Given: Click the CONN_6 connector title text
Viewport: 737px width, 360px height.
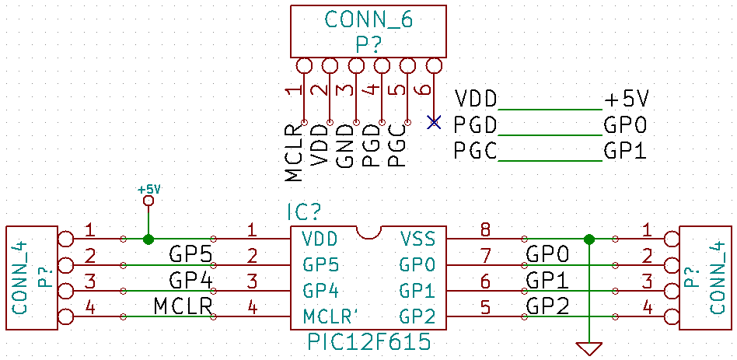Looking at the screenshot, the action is coord(369,20).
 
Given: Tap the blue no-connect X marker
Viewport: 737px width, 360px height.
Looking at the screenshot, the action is coord(434,122).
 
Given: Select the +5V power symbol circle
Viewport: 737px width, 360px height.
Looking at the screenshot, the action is coord(148,201).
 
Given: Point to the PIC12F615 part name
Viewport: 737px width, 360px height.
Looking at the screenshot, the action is coord(369,342).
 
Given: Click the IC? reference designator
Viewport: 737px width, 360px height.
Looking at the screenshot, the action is coord(304,213).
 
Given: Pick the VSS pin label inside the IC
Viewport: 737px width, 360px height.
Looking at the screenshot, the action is coord(416,239).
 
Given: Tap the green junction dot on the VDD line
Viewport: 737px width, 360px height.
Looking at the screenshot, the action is coord(148,239).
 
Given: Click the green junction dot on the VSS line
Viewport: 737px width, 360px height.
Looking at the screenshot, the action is coord(589,239).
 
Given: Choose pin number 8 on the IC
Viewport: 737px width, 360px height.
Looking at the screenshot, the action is coord(486,231).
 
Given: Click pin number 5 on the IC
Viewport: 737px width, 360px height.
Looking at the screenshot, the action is coord(486,308).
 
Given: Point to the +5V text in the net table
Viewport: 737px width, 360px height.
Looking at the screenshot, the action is coord(626,100).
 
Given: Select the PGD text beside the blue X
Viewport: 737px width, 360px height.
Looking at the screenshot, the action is coord(475,125).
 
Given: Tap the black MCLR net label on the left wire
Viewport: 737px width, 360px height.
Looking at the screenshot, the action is coord(183,307).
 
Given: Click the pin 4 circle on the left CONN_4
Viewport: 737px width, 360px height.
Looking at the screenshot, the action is coord(66,316).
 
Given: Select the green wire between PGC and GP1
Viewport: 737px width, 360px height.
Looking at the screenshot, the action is coord(550,161).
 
